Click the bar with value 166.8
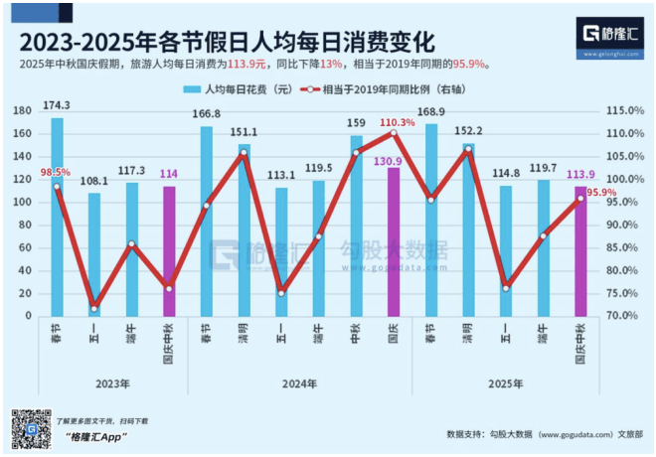207,221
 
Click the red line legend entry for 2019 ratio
388,89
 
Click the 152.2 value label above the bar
468,131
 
